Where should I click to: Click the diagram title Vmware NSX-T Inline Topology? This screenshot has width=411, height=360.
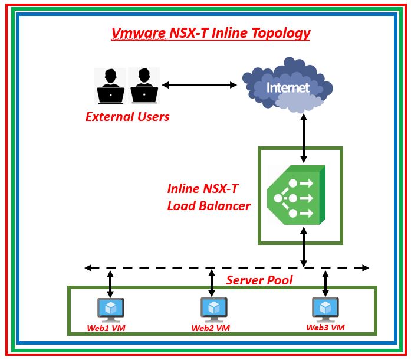coord(211,33)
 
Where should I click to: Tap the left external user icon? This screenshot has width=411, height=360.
coord(110,86)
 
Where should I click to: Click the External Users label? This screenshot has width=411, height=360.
coord(127,117)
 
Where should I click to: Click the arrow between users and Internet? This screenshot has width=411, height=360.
coord(199,85)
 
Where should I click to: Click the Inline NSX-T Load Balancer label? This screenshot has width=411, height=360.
coord(208,198)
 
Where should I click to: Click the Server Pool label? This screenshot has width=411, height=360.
coord(259,280)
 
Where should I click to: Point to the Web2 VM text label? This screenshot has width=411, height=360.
coord(211,328)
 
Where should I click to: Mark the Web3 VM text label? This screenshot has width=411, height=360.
coord(325,327)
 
